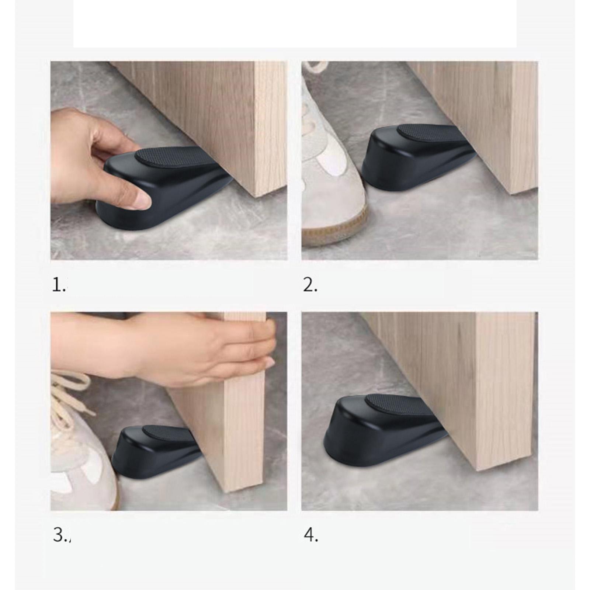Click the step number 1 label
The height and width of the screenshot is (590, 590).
58,285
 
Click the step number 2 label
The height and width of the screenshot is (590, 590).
310,285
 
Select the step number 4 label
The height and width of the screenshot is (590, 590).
311,535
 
